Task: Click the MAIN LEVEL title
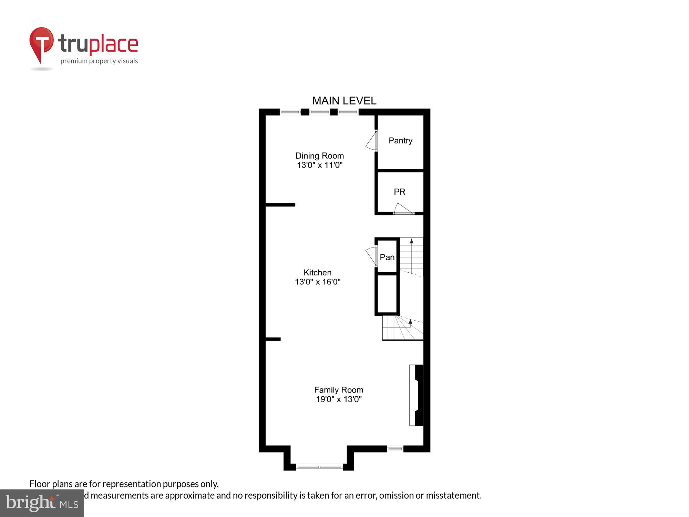coord(344,101)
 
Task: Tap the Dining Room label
coord(319,156)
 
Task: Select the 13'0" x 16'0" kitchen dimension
coord(318,282)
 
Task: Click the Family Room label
coord(338,390)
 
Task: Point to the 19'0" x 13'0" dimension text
coord(339,399)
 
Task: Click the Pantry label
coord(400,141)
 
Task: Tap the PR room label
coord(400,192)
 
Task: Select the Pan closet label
coord(387,257)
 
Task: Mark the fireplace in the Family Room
coord(416,395)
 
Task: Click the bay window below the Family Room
coord(319,467)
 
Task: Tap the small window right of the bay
coord(395,449)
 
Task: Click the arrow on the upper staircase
coord(411,241)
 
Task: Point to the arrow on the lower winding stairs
coord(410,322)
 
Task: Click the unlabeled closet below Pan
coord(387,294)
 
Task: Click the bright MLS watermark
coord(42,503)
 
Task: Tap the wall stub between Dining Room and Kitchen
coord(280,205)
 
